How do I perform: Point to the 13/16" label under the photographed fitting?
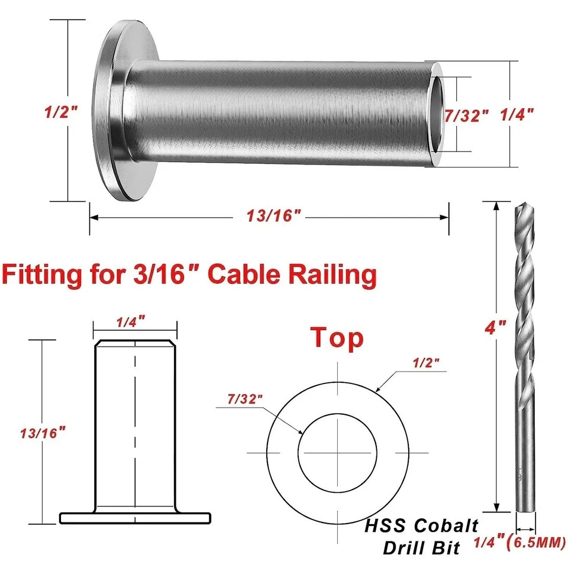pos(270,217)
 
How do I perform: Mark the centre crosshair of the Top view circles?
pos(337,453)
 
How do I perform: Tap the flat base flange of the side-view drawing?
pos(135,518)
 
